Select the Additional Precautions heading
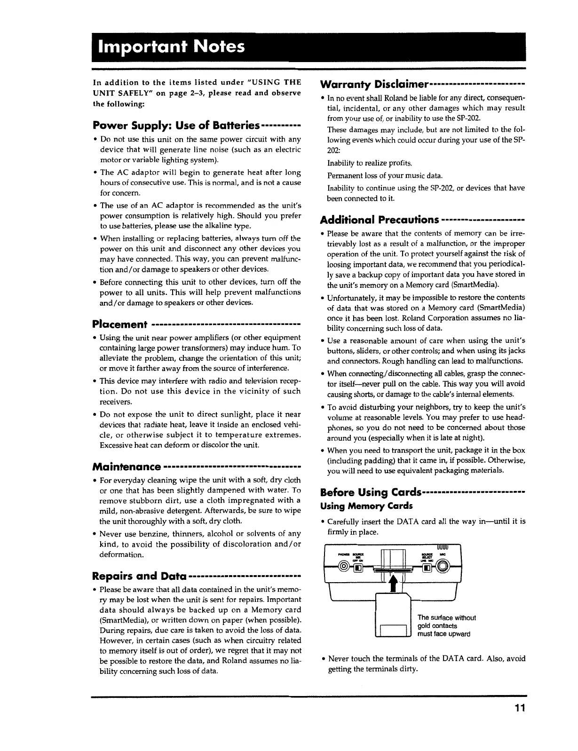coord(380,220)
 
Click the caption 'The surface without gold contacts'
coord(447,622)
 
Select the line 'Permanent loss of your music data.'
coord(378,176)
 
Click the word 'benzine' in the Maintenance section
coord(156,534)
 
